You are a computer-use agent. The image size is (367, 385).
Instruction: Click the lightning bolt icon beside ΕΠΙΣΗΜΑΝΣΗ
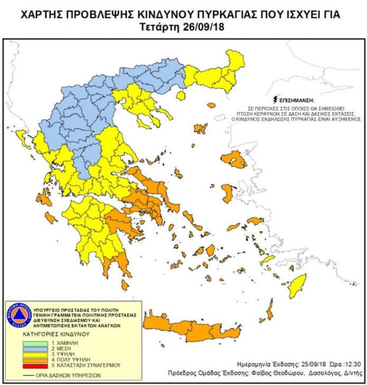274,99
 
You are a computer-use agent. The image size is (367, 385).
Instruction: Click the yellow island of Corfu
21,135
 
